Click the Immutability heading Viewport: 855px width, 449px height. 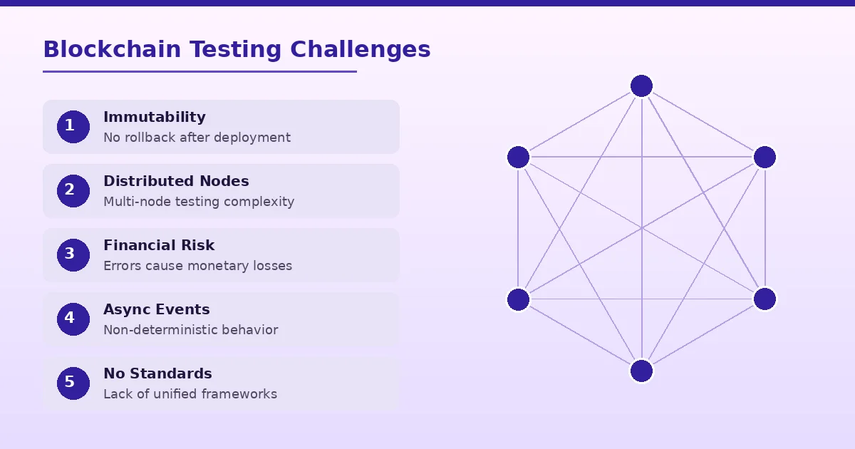pos(154,117)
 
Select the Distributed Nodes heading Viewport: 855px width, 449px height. pos(176,181)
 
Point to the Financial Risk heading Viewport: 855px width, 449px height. pos(159,245)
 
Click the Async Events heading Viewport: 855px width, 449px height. pos(156,309)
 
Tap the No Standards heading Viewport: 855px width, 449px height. pos(157,373)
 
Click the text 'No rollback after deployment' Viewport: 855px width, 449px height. pos(197,138)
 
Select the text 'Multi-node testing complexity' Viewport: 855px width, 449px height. pos(199,202)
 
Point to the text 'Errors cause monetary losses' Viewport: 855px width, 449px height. pos(197,266)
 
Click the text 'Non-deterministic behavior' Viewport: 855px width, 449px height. pos(190,330)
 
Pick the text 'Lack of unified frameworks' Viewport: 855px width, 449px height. pos(190,394)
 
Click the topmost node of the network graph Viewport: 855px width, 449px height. pos(641,86)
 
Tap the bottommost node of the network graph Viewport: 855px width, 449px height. pos(641,371)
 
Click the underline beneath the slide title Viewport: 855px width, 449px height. pos(199,71)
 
